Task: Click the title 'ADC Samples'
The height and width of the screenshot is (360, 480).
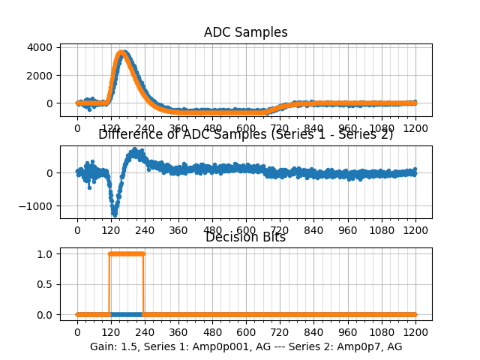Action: click(245, 32)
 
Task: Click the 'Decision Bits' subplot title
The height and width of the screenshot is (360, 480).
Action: click(245, 237)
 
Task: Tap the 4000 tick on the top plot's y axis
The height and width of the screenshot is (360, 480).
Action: click(41, 47)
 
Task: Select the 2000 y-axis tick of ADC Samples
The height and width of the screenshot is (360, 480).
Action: click(41, 75)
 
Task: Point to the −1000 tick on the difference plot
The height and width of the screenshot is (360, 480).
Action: click(38, 206)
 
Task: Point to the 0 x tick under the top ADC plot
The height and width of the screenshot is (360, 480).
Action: click(77, 128)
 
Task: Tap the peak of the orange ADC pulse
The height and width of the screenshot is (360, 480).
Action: click(122, 53)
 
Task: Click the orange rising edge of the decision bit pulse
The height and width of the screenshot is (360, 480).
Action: click(110, 283)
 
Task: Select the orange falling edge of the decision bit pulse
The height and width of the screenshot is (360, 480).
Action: click(143, 283)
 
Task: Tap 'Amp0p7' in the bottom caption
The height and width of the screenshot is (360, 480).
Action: click(364, 346)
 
